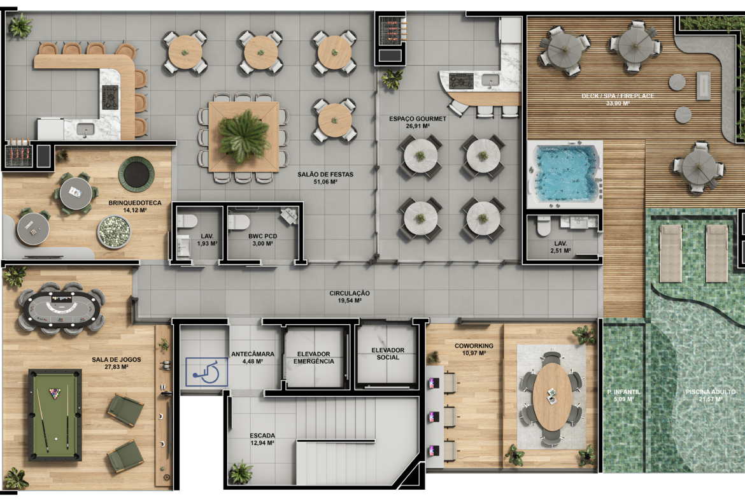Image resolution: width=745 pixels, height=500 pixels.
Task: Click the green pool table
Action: tap(55, 415)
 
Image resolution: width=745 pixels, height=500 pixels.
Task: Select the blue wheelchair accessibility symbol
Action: tap(206, 372)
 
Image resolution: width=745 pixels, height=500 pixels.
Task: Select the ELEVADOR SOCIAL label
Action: tap(388, 354)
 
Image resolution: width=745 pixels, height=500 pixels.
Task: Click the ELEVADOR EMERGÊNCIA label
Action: tap(313, 357)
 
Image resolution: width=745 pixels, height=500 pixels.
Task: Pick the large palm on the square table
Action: tap(244, 135)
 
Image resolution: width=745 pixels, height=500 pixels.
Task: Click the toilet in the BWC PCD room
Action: tap(239, 221)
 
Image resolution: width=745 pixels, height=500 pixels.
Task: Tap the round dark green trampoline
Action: tap(137, 173)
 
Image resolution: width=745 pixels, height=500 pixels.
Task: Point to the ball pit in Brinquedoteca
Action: tap(114, 232)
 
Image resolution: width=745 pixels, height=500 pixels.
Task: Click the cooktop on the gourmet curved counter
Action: tap(462, 82)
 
